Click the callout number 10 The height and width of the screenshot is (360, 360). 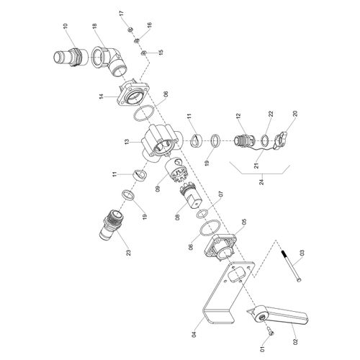point(66,26)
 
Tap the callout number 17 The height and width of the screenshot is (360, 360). point(121,14)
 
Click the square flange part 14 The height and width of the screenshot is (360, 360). point(133,95)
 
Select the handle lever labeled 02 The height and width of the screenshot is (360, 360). point(278,315)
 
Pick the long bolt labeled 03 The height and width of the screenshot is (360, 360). point(291,266)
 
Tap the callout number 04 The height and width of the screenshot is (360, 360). point(194,334)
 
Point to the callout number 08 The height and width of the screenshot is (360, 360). point(177,217)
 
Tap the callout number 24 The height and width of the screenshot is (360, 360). point(261,181)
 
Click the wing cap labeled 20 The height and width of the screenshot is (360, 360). point(281,141)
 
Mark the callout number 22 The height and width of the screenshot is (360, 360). point(271,114)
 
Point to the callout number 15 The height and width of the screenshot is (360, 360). point(161,52)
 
